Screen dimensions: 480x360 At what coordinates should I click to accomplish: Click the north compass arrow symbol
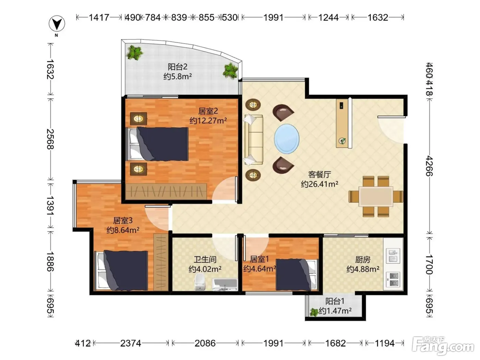tap(57, 23)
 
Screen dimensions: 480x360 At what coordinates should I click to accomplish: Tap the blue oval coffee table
tap(287, 139)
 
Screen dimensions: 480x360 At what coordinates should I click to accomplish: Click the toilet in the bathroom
tap(200, 282)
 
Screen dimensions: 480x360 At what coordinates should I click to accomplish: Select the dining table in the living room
tap(375, 196)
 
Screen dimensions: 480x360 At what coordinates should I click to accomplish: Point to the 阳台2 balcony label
tap(177, 67)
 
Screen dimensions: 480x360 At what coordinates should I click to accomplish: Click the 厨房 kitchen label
tap(363, 260)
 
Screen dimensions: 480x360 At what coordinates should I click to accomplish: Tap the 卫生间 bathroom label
tap(205, 260)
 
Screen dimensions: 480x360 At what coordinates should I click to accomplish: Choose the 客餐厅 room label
tap(320, 175)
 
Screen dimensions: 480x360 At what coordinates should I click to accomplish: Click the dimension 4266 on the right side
tap(429, 166)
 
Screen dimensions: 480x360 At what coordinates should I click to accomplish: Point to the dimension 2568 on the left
tap(50, 139)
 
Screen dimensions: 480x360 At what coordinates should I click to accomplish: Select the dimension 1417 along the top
tap(99, 17)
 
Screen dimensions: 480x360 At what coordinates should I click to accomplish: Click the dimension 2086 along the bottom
tap(205, 343)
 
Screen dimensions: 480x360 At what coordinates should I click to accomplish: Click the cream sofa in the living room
tap(254, 140)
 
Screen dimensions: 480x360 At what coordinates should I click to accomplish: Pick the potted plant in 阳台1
tap(314, 312)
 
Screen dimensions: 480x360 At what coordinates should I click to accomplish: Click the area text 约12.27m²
tap(208, 120)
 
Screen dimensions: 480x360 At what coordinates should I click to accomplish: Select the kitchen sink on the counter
tap(393, 255)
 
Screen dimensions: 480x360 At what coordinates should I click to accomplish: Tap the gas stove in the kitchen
tap(393, 279)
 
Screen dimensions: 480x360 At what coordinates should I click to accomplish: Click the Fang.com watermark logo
tap(443, 346)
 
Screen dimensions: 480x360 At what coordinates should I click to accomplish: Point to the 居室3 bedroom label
tap(123, 220)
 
